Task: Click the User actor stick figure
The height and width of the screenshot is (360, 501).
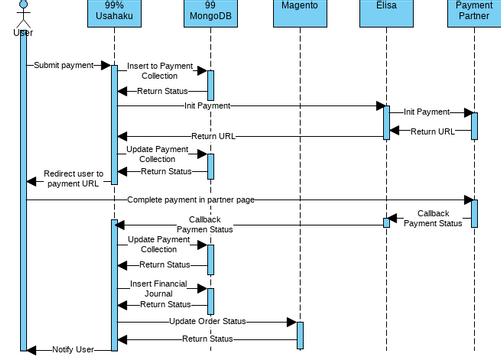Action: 22,14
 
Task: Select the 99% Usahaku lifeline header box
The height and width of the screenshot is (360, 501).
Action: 113,13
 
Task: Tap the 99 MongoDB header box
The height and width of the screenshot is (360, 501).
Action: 208,13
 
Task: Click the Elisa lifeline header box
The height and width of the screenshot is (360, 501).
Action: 386,13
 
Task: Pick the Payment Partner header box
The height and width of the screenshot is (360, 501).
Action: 474,13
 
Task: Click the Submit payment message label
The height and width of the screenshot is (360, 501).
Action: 65,66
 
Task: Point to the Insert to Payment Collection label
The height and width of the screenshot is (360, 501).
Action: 160,71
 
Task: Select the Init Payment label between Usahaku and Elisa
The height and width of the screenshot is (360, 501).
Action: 207,105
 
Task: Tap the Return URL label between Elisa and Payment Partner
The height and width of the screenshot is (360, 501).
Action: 432,131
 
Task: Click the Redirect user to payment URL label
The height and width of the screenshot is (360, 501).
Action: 73,178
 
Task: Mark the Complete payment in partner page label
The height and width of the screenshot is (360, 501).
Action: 190,200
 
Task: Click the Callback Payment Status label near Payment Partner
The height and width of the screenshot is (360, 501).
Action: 433,218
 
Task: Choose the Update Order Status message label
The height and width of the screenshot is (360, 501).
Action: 207,321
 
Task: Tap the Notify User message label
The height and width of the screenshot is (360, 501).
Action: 73,349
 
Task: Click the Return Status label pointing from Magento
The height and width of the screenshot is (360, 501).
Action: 207,339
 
